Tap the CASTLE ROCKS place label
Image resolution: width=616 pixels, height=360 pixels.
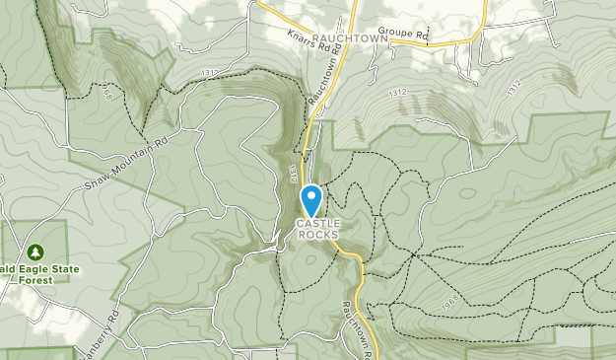(x=317, y=229)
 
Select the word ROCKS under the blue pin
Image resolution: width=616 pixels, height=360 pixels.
(x=317, y=235)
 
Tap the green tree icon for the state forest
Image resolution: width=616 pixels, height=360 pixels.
(x=36, y=252)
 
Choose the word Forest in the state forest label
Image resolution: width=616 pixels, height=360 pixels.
(x=37, y=279)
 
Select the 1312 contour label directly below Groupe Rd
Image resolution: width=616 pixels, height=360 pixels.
(x=397, y=92)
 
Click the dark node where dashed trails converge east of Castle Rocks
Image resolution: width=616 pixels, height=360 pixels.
(x=415, y=253)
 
